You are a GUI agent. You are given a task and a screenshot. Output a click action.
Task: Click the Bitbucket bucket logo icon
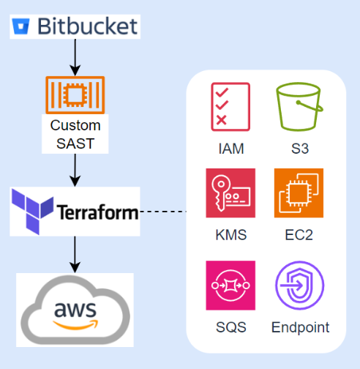click(x=21, y=28)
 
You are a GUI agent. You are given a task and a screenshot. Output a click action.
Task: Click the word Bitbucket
click(x=86, y=27)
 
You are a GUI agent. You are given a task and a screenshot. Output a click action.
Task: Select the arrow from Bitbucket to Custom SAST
click(x=74, y=56)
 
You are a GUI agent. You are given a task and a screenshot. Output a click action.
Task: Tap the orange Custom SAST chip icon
click(x=75, y=95)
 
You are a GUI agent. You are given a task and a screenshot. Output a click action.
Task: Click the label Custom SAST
click(x=75, y=134)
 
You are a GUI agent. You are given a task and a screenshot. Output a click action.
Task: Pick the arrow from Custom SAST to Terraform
click(x=74, y=169)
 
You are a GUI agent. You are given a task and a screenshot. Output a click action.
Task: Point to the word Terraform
click(x=97, y=213)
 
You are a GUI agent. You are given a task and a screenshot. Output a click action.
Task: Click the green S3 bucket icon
click(x=299, y=107)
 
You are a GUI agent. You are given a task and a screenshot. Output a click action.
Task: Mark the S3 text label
click(x=299, y=149)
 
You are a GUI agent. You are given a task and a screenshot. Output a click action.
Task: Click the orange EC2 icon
click(x=299, y=193)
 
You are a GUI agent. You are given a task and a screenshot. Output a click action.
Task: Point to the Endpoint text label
click(x=300, y=327)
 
